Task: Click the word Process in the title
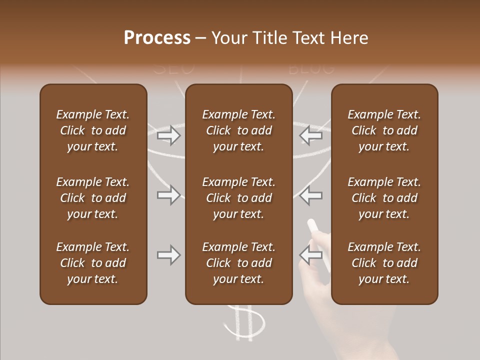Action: click(x=157, y=38)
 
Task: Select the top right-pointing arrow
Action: click(x=168, y=135)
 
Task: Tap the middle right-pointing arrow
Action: click(x=168, y=195)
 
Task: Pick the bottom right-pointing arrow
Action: click(x=168, y=255)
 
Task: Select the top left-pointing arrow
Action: click(x=310, y=135)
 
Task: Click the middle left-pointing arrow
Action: click(x=310, y=195)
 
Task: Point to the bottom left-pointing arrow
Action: click(x=310, y=255)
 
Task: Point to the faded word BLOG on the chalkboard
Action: click(x=311, y=68)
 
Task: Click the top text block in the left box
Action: click(x=93, y=130)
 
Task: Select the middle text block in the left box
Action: click(x=93, y=198)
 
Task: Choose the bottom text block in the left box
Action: click(x=93, y=263)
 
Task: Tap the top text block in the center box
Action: click(x=238, y=130)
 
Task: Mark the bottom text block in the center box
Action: click(x=238, y=263)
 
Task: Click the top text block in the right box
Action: click(x=384, y=130)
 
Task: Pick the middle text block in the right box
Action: click(x=384, y=198)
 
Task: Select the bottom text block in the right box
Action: click(x=384, y=263)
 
